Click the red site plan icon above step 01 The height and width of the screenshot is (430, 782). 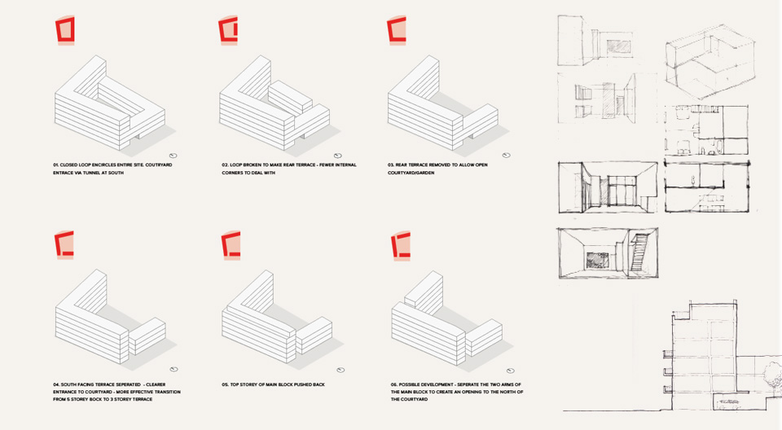[x=65, y=30]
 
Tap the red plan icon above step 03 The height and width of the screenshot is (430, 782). [x=397, y=30]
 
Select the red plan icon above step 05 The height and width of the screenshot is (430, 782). [x=231, y=245]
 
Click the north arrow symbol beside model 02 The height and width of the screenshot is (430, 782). [x=337, y=156]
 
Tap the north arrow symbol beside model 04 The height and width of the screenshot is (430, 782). [x=174, y=370]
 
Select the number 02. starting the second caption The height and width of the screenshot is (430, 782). [x=225, y=165]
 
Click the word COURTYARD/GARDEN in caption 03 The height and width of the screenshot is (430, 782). [x=411, y=173]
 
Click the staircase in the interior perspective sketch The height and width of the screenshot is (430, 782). [x=638, y=253]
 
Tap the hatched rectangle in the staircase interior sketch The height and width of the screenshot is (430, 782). [x=597, y=260]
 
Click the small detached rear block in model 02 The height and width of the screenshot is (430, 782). [x=290, y=98]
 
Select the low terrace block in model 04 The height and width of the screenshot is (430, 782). [x=147, y=336]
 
